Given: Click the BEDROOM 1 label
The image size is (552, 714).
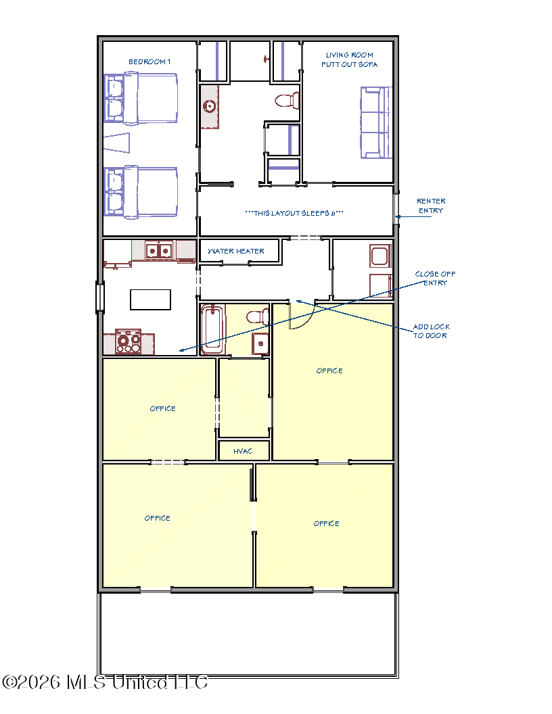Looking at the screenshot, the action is (x=149, y=62).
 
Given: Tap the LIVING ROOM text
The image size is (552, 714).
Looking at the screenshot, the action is (x=349, y=55).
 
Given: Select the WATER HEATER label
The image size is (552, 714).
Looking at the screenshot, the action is (x=236, y=251).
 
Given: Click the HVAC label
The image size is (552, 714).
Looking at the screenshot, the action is (x=243, y=451).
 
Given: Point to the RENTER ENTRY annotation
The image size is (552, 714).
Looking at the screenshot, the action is (x=431, y=206).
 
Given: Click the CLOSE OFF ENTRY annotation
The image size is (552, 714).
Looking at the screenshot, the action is (x=435, y=278).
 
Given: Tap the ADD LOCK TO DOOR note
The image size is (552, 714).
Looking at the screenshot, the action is (x=431, y=331).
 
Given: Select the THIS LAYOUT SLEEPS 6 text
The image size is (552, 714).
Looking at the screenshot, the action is (x=294, y=213).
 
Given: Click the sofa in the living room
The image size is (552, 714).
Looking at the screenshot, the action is (x=376, y=122).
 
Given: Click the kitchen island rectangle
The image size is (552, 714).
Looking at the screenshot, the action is (x=150, y=300).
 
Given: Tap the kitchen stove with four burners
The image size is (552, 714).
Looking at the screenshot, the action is (x=129, y=341).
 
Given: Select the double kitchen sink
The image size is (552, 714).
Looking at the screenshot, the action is (x=159, y=250).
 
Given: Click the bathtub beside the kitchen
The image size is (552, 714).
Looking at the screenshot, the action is (x=212, y=329).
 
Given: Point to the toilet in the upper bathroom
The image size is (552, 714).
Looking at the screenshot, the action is (x=287, y=101).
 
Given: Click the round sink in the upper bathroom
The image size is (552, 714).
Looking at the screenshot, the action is (x=210, y=107).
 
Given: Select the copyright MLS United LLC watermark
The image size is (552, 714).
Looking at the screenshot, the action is (x=106, y=682).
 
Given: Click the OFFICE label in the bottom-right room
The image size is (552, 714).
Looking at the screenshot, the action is (x=326, y=523).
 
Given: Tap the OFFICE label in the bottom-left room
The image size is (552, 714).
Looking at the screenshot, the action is (x=157, y=518).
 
